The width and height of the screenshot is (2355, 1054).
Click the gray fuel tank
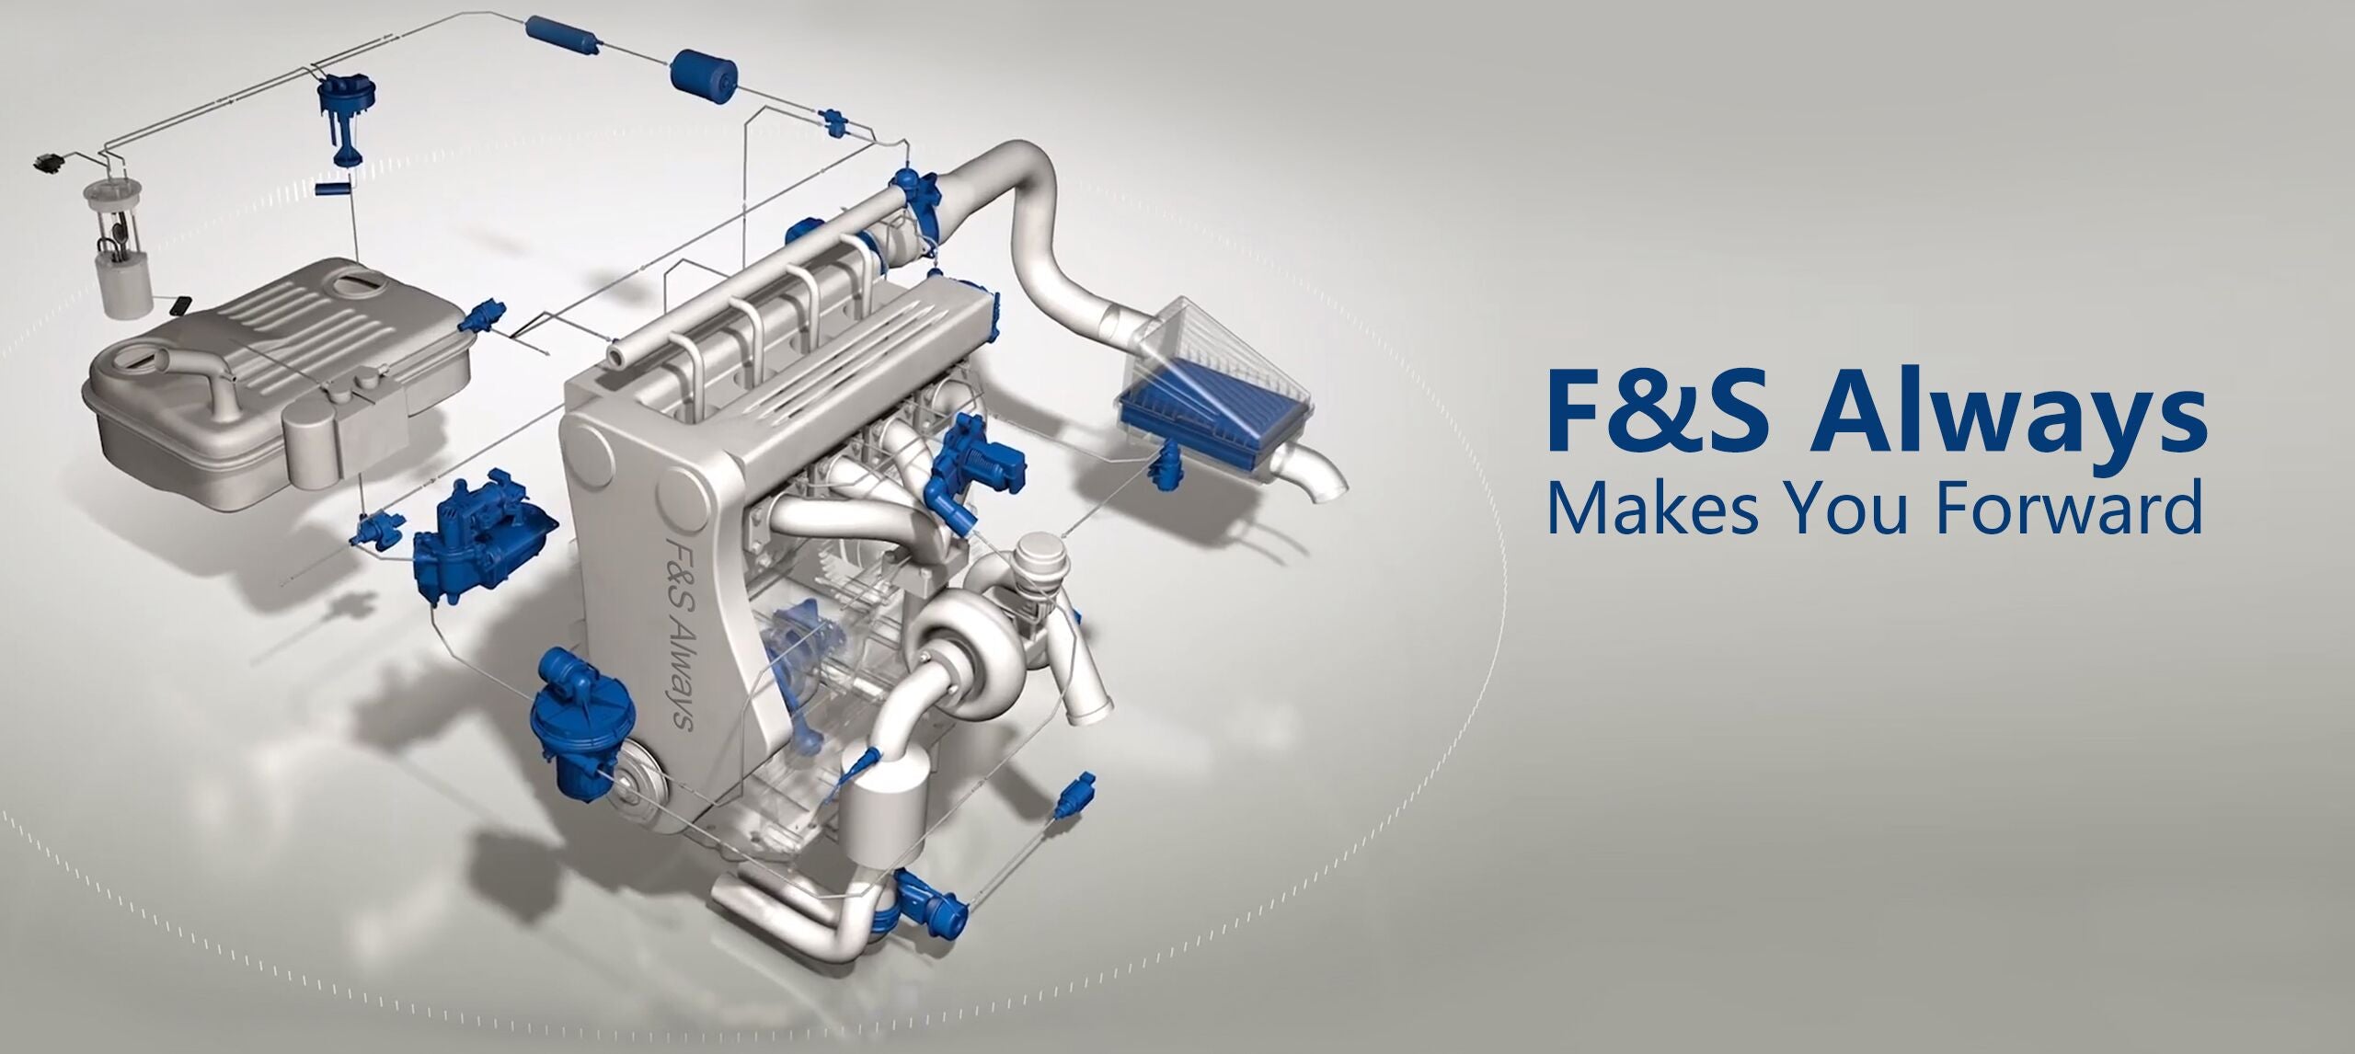click(x=276, y=386)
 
